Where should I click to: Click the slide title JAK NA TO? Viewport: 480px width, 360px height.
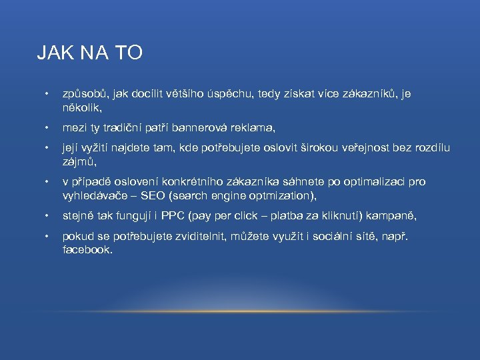click(89, 53)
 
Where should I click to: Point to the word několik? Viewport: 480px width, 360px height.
click(79, 107)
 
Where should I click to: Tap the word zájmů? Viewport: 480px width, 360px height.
click(79, 161)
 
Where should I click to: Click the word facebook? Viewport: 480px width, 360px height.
click(87, 249)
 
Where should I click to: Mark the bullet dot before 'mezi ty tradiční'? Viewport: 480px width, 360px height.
click(45, 127)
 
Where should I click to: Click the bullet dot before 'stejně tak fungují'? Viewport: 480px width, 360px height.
click(45, 216)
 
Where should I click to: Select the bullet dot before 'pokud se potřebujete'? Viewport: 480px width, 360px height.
click(45, 237)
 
